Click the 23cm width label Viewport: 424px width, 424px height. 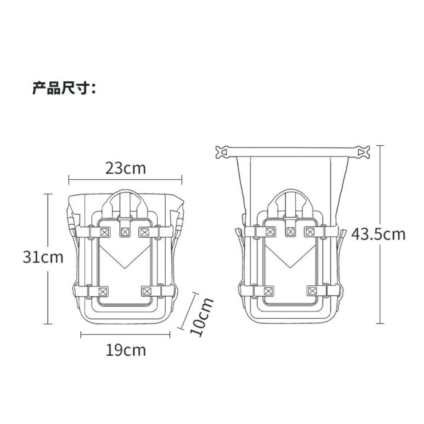tap(125, 168)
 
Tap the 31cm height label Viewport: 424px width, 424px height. tap(43, 257)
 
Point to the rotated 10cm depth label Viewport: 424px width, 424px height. tap(202, 316)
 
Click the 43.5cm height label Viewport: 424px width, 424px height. tap(378, 234)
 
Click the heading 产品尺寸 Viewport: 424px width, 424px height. tap(64, 88)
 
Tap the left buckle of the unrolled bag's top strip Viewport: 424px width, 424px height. tap(222, 152)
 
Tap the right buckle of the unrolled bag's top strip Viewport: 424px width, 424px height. tap(362, 152)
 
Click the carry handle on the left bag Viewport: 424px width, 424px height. tap(124, 193)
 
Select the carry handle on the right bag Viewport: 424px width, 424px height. tap(290, 192)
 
